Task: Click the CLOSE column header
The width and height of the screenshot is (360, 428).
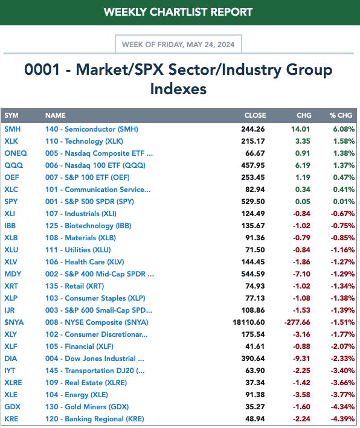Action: tap(255, 115)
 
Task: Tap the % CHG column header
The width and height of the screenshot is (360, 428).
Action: tap(341, 115)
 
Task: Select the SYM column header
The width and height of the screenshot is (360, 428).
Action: tap(11, 115)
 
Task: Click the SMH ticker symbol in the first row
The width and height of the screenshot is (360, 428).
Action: tap(13, 129)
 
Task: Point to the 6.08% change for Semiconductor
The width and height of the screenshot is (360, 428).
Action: tap(344, 129)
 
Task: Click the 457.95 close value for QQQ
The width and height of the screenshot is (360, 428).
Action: tap(253, 165)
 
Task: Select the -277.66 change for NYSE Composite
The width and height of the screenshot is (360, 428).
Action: tap(297, 322)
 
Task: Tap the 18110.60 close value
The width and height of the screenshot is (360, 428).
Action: tap(249, 322)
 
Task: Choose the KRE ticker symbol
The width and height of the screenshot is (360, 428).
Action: tap(11, 419)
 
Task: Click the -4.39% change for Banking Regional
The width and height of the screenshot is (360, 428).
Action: tap(342, 419)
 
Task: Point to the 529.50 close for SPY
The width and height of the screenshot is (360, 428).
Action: tap(253, 202)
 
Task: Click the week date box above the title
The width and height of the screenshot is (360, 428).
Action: tap(178, 45)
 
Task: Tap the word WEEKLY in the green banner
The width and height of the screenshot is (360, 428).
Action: tap(125, 12)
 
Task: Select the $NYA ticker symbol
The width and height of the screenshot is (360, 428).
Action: tap(14, 322)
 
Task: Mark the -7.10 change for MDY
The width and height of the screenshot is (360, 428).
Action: tap(301, 274)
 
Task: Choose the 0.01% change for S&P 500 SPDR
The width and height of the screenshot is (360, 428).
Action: tap(344, 202)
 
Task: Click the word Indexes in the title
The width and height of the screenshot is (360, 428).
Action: tap(178, 89)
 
